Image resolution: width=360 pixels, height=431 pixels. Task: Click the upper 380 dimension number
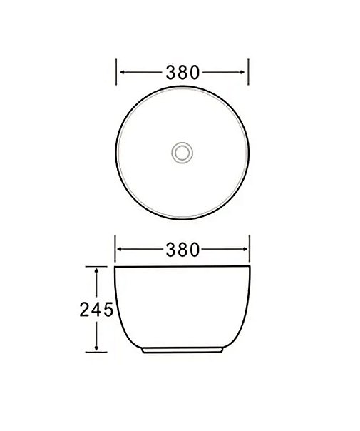182,72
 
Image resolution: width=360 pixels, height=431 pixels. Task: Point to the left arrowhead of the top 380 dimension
122,72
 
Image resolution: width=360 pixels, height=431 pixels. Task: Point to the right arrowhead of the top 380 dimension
243,72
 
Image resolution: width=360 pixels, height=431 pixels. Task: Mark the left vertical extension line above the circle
117,72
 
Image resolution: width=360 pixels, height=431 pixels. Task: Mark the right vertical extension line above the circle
248,72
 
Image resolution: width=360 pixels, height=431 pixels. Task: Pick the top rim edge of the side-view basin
182,267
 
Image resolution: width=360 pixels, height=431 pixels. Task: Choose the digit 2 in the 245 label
84,310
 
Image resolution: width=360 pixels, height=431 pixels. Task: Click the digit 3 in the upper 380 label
172,72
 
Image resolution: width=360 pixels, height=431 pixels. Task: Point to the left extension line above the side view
117,249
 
